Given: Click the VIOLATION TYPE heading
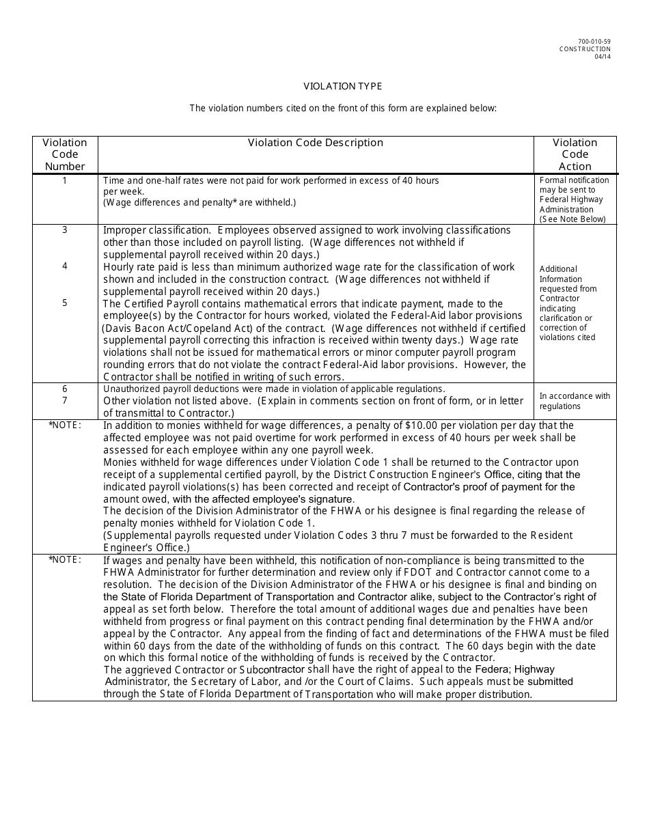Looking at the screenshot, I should tap(343, 86).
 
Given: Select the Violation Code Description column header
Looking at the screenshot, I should tap(315, 143).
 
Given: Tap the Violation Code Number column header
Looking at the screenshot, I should tap(65, 154).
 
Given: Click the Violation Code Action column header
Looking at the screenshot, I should tap(575, 154).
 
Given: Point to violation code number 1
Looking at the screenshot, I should tap(65, 180).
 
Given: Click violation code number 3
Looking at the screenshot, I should tap(65, 229).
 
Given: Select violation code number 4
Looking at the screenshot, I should tap(65, 266).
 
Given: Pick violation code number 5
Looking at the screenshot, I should tap(65, 303).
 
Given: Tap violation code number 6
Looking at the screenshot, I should tap(65, 389).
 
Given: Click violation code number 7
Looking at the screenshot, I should tap(65, 400).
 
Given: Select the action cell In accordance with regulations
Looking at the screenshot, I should tap(575, 401).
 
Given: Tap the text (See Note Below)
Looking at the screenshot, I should tap(572, 219).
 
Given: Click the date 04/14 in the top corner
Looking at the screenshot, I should tap(603, 57).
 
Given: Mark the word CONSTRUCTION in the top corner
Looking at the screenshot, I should tap(585, 49).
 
